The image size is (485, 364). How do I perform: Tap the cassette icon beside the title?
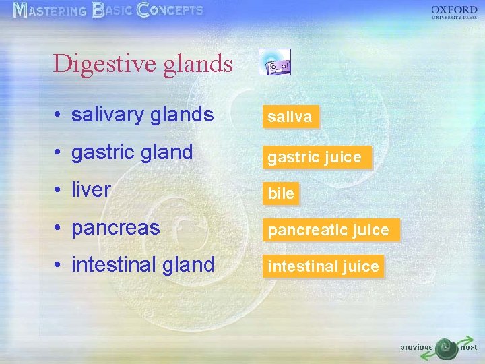click(x=275, y=62)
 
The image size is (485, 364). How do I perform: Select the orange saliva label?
click(x=290, y=117)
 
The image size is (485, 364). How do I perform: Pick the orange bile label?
click(x=281, y=194)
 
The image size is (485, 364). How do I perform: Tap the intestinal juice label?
click(x=323, y=267)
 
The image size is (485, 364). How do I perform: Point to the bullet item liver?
click(x=90, y=190)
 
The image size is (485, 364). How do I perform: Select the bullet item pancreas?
click(x=115, y=228)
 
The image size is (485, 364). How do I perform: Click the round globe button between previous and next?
click(x=445, y=348)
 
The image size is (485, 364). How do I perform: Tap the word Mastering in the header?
click(x=50, y=11)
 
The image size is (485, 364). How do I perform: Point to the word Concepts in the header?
click(x=169, y=11)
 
